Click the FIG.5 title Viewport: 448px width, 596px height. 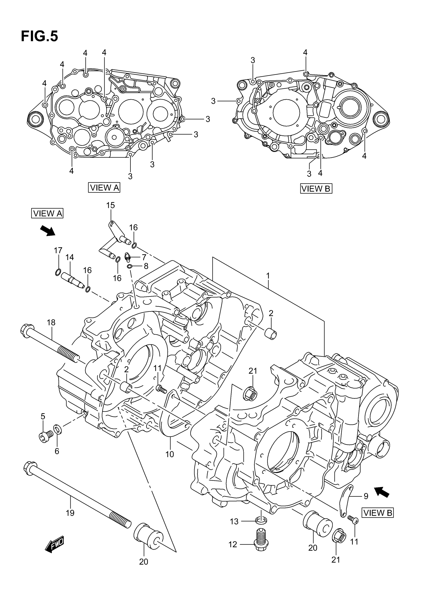[x=39, y=36]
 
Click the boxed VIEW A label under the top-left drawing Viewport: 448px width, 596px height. [x=104, y=188]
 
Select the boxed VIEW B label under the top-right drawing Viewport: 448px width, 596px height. [x=316, y=189]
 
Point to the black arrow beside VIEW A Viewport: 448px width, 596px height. [x=47, y=231]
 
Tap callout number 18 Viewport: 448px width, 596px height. [x=51, y=322]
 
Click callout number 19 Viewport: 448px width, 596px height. [x=70, y=513]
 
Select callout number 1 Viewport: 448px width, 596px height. [x=268, y=276]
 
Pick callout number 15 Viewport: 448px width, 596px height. [x=110, y=205]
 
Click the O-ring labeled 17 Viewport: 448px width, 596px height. [x=58, y=272]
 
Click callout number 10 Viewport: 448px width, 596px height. [x=169, y=454]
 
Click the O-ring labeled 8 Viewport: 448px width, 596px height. [x=130, y=266]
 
